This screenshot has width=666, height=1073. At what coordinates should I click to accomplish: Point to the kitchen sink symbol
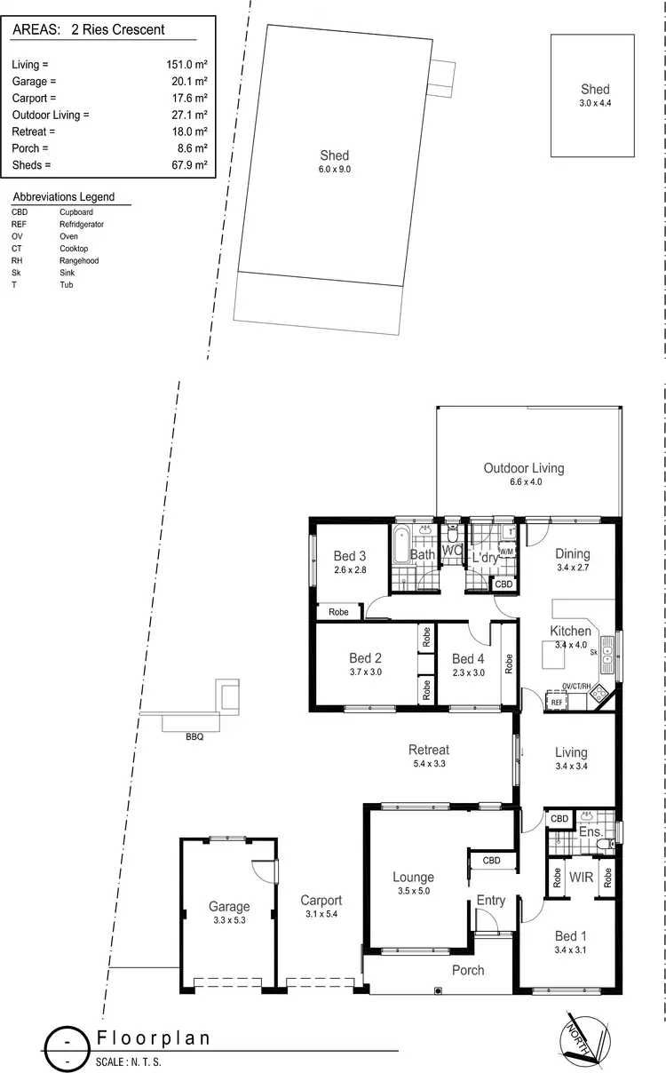pos(607,653)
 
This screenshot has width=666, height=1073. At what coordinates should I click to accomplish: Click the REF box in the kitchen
pos(557,702)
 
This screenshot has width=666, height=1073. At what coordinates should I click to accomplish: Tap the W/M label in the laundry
pos(507,552)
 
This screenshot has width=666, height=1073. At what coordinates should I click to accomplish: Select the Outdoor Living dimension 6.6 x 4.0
pos(523,481)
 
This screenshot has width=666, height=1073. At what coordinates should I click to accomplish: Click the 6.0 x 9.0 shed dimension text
pos(335,168)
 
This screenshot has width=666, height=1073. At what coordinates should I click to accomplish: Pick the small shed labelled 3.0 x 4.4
pos(594,96)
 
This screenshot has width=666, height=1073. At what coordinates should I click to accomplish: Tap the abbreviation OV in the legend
pos(17,236)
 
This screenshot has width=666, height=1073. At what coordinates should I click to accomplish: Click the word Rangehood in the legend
pos(78,261)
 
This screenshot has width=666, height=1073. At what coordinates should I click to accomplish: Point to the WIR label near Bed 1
pos(581,877)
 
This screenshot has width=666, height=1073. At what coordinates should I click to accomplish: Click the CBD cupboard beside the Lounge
pos(491,861)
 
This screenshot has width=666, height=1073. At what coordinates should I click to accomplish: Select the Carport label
pos(321,900)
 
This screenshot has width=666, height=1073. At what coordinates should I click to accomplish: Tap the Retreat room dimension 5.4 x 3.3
pos(428,763)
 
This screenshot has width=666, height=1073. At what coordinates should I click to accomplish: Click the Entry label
pos(490,900)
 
